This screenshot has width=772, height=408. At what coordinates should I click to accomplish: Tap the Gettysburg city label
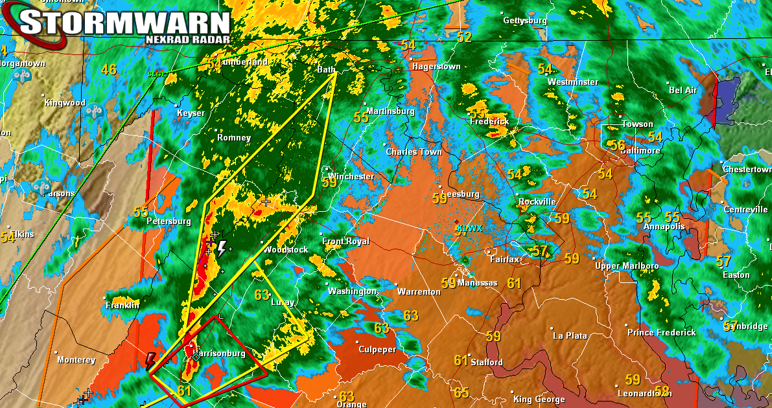(525, 21)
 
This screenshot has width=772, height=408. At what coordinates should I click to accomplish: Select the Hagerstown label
(436, 67)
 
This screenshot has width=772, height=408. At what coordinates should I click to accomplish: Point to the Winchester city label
(351, 177)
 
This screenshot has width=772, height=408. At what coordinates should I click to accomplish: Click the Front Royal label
(345, 242)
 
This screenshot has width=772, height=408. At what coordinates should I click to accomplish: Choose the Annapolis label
(664, 227)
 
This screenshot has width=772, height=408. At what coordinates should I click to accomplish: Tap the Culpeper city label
(377, 350)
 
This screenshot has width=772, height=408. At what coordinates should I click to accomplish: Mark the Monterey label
(76, 360)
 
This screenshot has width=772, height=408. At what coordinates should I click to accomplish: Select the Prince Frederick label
(661, 332)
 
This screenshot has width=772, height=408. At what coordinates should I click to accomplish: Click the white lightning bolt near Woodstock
(222, 249)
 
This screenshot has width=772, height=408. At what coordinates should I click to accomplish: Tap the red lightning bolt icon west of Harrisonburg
(150, 361)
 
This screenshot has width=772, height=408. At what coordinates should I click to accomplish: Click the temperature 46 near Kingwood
(108, 70)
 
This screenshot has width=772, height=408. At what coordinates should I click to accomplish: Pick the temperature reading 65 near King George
(461, 392)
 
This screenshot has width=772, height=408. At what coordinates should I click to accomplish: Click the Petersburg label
(169, 221)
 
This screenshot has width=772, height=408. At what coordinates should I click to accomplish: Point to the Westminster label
(572, 82)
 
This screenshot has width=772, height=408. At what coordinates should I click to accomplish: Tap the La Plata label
(570, 335)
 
